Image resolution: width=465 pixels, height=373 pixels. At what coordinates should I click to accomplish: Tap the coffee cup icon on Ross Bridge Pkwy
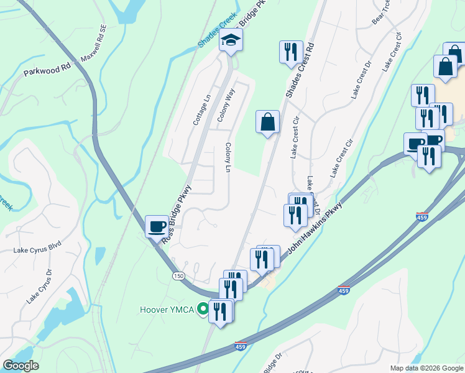[x=157, y=226]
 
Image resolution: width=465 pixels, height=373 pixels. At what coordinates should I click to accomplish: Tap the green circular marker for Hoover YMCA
[x=202, y=309]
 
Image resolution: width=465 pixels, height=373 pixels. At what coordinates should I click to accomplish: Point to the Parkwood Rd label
[x=47, y=69]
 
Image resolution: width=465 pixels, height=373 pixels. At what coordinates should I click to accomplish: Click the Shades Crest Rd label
[x=302, y=69]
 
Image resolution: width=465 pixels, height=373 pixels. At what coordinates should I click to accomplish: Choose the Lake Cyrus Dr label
[x=39, y=286]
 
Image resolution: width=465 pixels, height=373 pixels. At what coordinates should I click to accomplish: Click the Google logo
[x=21, y=366]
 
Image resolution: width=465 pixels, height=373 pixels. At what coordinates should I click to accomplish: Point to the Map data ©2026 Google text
[x=426, y=368]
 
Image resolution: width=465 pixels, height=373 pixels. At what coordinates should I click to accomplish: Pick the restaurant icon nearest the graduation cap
[x=291, y=53]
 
